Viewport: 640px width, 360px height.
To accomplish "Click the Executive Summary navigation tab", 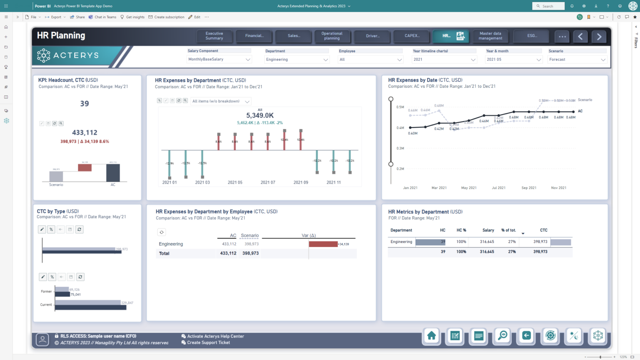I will point(214,36).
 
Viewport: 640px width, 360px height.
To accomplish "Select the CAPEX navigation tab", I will point(412,36).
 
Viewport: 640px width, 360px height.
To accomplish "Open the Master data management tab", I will point(490,36).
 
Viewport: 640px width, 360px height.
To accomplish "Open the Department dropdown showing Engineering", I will point(297,60).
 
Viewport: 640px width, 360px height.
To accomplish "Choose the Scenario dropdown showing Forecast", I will point(577,60).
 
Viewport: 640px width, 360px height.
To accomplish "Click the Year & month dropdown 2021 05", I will point(513,60).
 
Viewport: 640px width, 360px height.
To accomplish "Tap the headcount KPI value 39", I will point(85,104).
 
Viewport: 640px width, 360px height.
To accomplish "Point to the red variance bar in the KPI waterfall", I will point(85,167).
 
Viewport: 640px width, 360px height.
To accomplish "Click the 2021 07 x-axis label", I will point(268,182).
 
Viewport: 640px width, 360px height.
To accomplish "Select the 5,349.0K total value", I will point(260,115).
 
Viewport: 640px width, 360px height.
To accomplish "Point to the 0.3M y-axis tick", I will point(400,148).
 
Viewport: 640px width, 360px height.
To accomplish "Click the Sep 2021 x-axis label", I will point(529,188).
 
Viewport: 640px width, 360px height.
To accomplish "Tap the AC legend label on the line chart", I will point(580,111).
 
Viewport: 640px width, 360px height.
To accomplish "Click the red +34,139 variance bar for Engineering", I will point(323,244).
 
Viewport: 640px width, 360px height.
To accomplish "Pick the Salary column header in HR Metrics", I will point(488,230).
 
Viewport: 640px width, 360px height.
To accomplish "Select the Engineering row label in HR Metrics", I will point(401,242).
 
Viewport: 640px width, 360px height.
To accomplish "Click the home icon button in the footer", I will point(431,336).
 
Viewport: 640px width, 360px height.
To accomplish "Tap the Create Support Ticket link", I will point(208,342).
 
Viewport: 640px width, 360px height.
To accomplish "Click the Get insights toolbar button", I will point(132,17).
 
